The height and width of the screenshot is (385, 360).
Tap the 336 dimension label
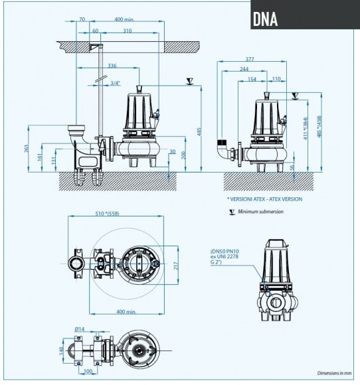[112, 66]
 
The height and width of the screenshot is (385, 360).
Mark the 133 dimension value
[54, 163]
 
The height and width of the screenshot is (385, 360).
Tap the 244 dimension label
[244, 69]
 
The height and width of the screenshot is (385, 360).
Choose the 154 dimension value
[252, 80]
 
